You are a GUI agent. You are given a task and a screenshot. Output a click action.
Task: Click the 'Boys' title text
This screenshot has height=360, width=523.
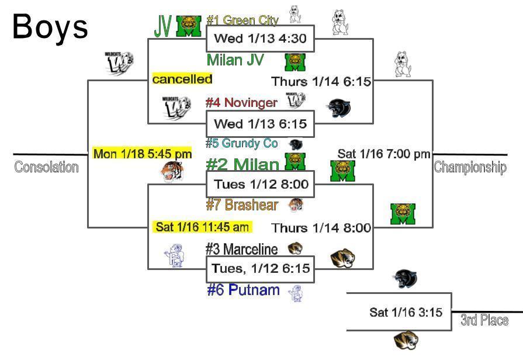click(50, 27)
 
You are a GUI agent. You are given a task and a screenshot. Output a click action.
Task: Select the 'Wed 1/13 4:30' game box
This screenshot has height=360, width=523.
click(260, 39)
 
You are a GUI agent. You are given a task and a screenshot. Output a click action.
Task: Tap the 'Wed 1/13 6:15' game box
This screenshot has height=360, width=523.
click(260, 124)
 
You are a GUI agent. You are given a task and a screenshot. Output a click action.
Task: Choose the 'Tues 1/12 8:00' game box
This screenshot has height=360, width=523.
click(260, 185)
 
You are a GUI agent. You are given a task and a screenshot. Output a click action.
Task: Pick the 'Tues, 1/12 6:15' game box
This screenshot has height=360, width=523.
click(260, 269)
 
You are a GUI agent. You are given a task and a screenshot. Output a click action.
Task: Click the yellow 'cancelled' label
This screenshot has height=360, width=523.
click(182, 79)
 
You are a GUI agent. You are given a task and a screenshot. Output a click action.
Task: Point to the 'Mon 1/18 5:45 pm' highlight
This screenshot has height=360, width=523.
click(142, 154)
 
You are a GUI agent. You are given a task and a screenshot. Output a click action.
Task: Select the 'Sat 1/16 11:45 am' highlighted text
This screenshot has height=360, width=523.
click(202, 227)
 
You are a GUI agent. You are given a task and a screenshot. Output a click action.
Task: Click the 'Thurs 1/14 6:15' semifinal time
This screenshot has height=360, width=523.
click(321, 82)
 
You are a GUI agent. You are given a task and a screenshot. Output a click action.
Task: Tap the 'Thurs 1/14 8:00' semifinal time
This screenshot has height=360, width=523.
click(321, 228)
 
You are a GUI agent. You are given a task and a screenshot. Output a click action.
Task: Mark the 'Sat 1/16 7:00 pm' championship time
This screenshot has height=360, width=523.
click(384, 154)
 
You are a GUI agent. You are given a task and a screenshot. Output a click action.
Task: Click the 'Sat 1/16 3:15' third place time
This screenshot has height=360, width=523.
click(406, 313)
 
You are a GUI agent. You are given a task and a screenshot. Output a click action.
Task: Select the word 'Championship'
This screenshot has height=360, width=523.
click(470, 168)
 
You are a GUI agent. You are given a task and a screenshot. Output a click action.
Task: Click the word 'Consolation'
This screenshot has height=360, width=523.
click(46, 168)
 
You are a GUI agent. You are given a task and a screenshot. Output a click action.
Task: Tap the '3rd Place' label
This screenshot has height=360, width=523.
click(484, 320)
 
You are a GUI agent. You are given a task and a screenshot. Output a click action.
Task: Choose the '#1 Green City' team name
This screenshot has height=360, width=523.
click(243, 20)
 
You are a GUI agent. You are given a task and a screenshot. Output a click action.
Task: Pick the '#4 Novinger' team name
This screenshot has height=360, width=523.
click(241, 103)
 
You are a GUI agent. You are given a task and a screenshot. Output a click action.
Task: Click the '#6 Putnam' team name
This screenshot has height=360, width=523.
click(243, 290)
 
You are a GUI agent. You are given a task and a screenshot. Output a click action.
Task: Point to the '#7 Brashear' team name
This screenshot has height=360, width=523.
click(242, 205)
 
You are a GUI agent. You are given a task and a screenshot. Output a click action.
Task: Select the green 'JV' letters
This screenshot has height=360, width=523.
click(163, 25)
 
